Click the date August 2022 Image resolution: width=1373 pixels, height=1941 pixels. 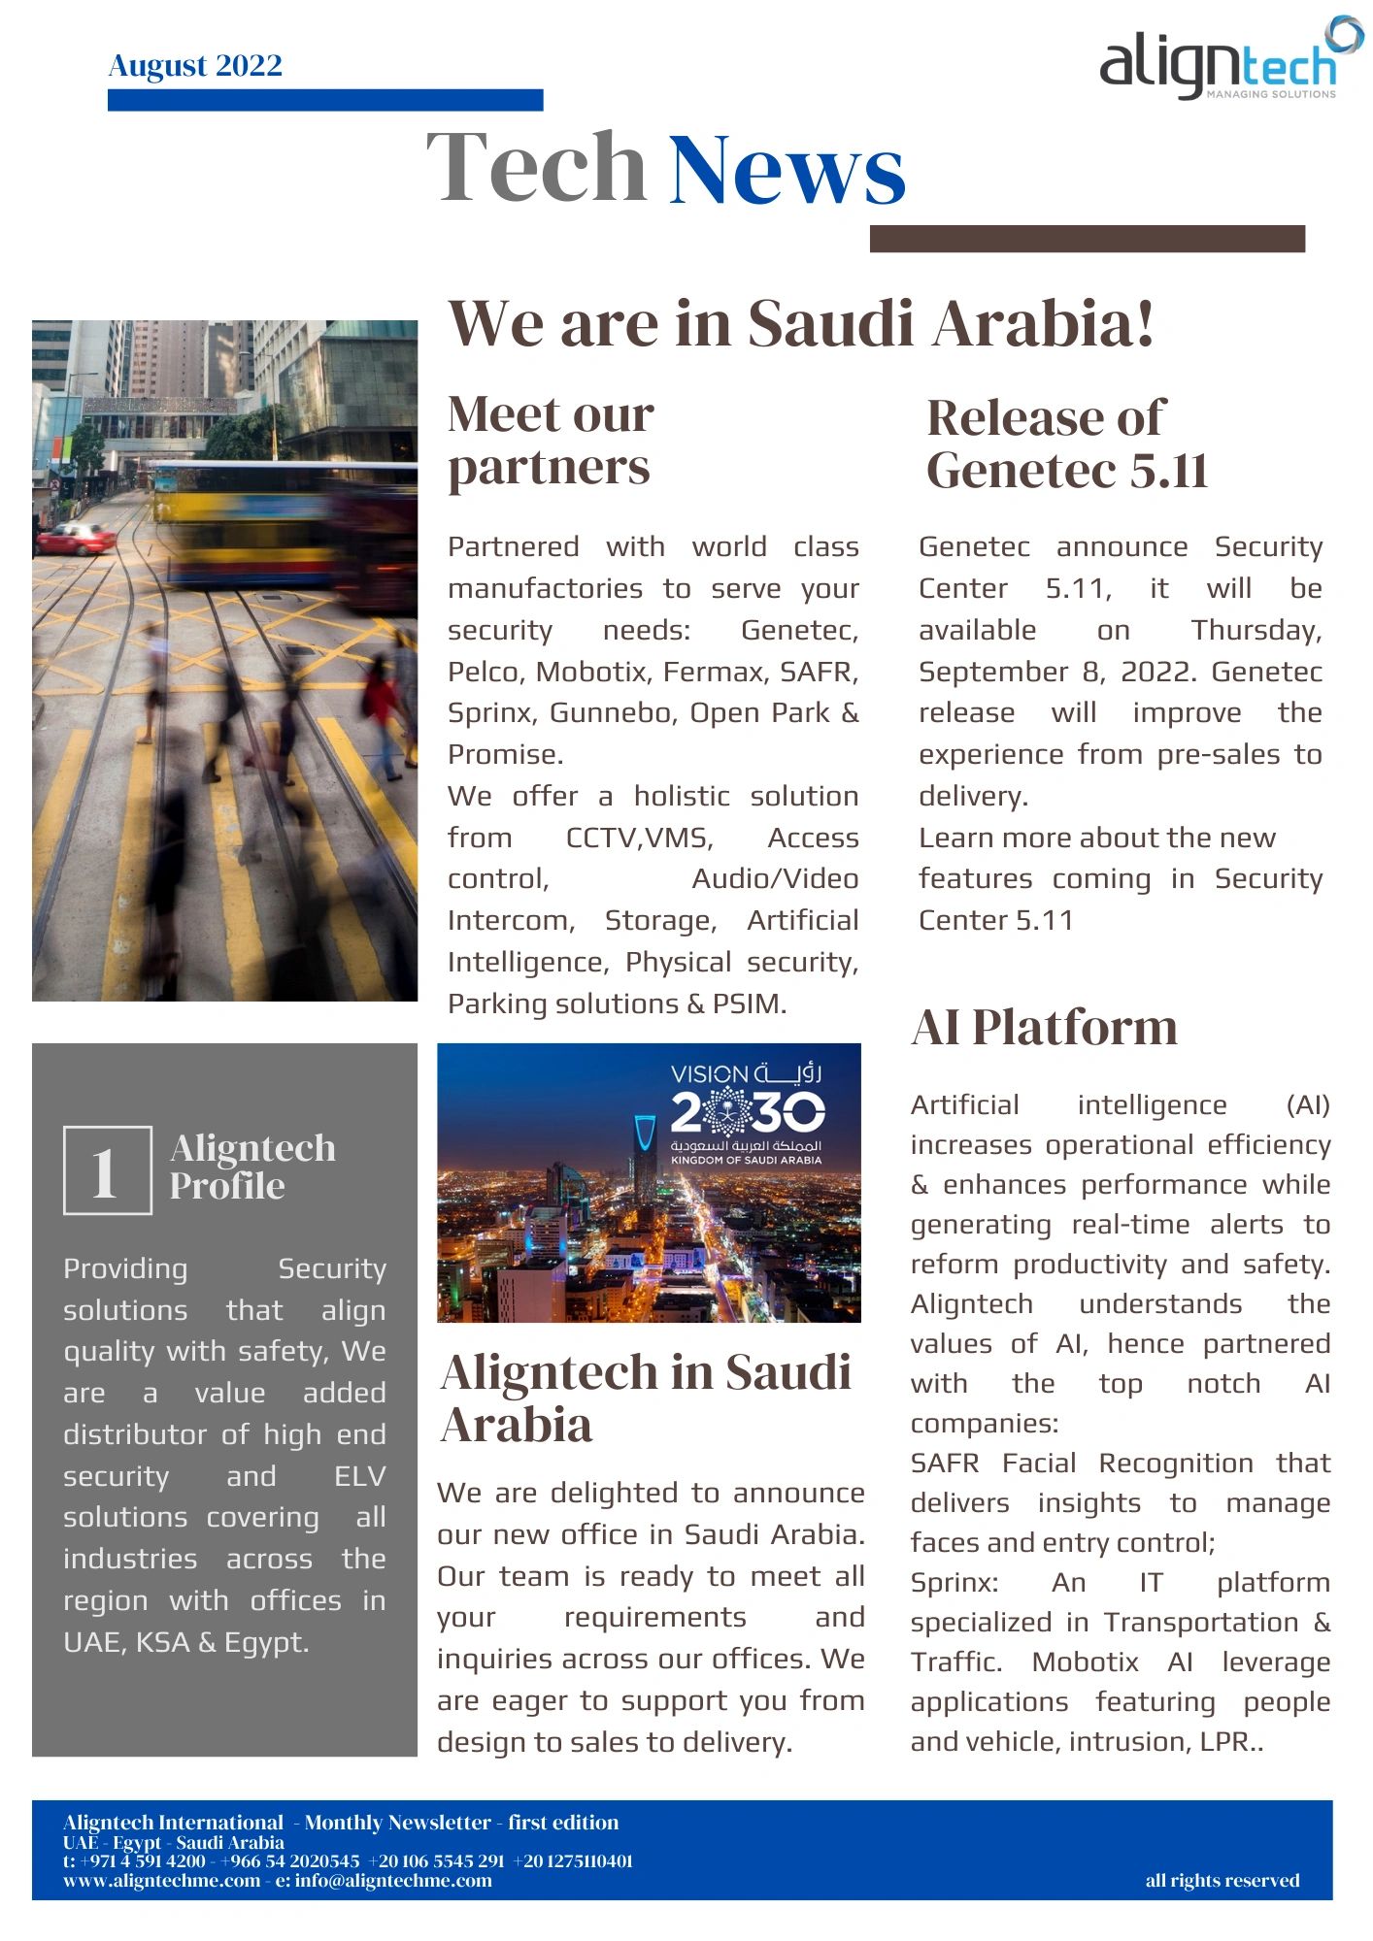point(195,65)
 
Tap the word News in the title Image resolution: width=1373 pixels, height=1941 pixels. point(787,170)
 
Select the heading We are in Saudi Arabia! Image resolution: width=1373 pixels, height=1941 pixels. point(801,323)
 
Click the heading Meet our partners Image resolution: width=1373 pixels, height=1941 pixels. point(551,441)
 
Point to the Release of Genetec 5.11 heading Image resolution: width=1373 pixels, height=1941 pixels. point(1066,444)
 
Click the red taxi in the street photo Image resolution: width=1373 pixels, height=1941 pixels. point(75,539)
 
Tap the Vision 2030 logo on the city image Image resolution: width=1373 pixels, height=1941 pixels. point(746,1113)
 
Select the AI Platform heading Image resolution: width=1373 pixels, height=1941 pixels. point(1044,1027)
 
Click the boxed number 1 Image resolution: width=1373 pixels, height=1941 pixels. point(107,1170)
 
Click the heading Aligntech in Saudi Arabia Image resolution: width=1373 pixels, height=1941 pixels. point(646,1398)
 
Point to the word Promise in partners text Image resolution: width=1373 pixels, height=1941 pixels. point(503,754)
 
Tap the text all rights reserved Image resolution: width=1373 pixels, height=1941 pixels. point(1222,1881)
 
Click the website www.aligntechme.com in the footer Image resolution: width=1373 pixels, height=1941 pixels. point(161,1881)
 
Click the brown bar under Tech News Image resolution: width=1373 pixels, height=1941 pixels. point(1087,239)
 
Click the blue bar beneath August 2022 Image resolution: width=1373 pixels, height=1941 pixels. point(325,100)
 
